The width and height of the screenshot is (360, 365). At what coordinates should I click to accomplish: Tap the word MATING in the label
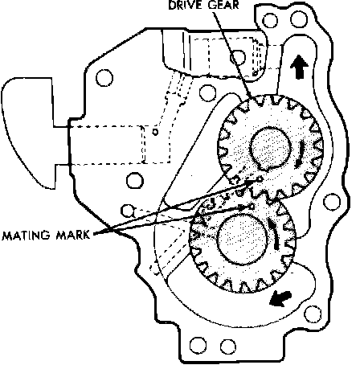tap(27, 235)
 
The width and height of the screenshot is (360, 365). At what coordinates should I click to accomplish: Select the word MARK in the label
tap(73, 235)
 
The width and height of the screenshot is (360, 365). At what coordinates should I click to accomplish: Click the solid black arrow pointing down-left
tap(280, 298)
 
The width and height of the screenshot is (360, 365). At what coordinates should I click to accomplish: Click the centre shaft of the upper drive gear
tap(271, 148)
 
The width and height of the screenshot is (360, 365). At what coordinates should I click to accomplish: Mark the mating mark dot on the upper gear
tap(260, 179)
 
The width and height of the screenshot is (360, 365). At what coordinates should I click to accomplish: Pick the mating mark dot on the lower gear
tap(252, 206)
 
